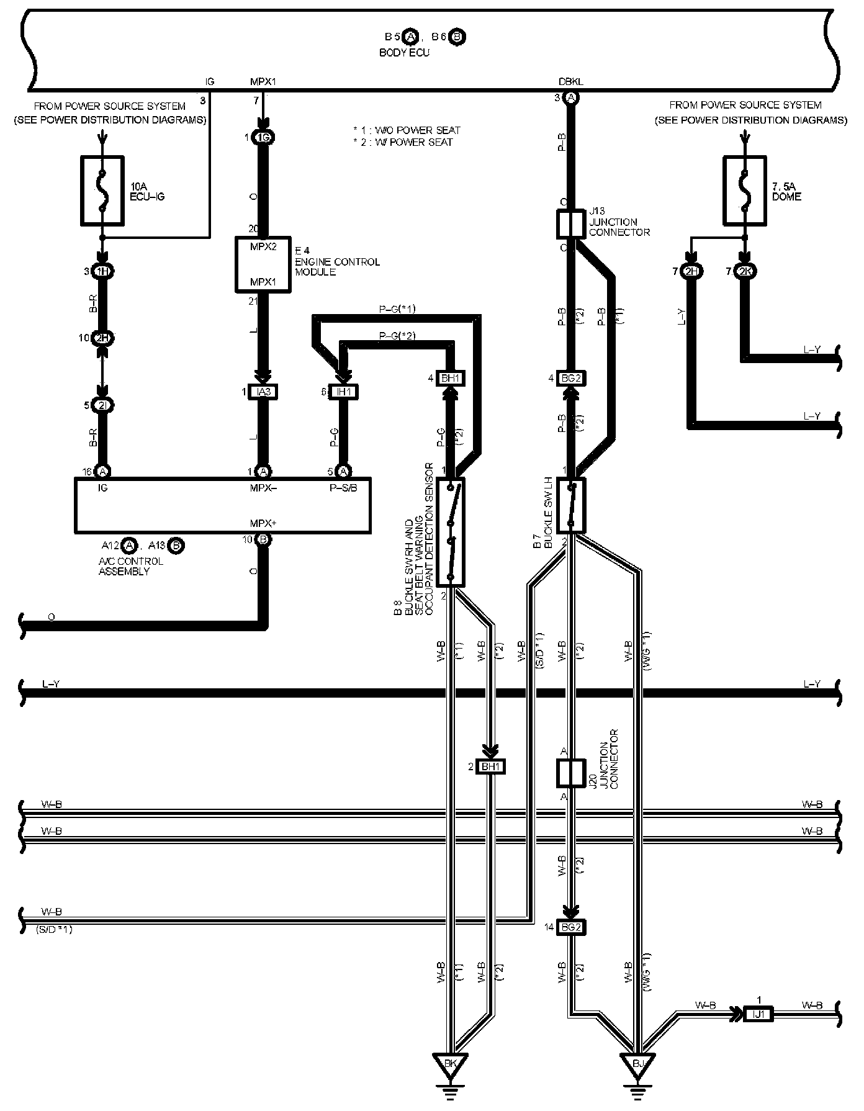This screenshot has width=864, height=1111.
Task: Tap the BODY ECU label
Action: pyautogui.click(x=404, y=53)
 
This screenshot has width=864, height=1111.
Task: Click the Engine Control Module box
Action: pyautogui.click(x=263, y=264)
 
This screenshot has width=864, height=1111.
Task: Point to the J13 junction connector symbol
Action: pyautogui.click(x=570, y=224)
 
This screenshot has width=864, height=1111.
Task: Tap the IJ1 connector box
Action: pyautogui.click(x=758, y=1014)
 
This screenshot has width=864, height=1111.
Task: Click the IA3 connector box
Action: pyautogui.click(x=263, y=392)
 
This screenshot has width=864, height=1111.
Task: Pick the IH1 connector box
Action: pyautogui.click(x=343, y=392)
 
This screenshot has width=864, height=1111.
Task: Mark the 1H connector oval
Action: pyautogui.click(x=102, y=271)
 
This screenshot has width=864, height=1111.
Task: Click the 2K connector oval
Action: pyautogui.click(x=745, y=271)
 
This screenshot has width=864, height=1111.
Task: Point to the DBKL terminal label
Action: pyautogui.click(x=570, y=81)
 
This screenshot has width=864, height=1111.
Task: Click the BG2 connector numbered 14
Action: pyautogui.click(x=571, y=927)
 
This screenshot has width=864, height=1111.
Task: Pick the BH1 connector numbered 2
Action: pyautogui.click(x=490, y=767)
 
